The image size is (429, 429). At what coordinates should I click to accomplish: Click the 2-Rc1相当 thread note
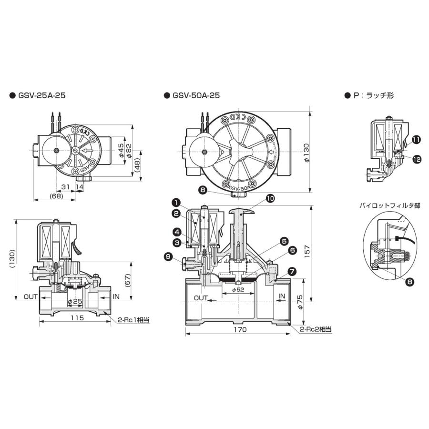(133, 320)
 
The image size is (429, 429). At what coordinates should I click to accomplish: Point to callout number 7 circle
(292, 271)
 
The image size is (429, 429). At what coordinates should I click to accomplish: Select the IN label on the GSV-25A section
(116, 296)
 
